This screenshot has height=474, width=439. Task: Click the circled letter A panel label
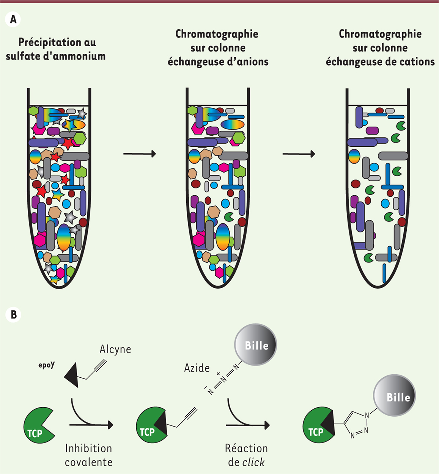point(13,19)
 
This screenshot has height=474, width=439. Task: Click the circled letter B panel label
point(13,315)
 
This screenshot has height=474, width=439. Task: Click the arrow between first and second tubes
point(140,154)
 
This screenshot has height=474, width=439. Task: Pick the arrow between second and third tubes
point(299,154)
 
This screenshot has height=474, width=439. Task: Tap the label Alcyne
point(115,349)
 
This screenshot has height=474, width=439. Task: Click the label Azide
point(197,368)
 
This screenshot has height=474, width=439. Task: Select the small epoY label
point(46,365)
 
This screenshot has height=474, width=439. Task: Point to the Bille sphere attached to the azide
point(255,345)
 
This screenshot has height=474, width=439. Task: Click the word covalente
point(89,462)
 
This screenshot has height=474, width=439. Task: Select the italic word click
point(253,462)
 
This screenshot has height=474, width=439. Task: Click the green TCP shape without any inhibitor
point(39,425)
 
